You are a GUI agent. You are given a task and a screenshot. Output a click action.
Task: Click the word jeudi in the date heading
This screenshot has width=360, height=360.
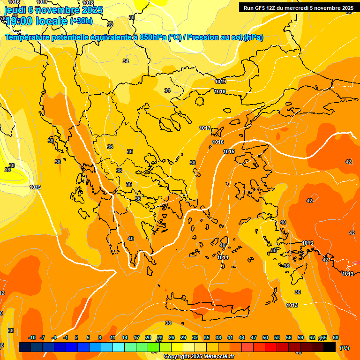(x=15, y=9)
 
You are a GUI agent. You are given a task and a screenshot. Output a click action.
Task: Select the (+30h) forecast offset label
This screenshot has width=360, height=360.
(x=81, y=21)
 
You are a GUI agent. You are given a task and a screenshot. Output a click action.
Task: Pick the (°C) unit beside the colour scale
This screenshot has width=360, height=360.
(x=344, y=348)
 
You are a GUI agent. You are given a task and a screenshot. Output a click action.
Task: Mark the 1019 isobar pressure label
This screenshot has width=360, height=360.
(x=220, y=82)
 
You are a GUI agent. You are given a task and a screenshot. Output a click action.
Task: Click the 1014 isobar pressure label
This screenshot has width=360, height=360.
(x=223, y=257)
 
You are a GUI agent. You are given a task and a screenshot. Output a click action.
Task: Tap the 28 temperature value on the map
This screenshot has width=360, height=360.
(x=7, y=170)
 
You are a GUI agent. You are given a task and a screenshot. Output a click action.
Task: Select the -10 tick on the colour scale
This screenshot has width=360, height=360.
(x=32, y=337)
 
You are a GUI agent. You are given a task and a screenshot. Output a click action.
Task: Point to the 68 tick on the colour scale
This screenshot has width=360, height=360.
(x=336, y=337)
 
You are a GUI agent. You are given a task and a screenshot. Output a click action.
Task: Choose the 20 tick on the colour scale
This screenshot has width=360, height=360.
(x=148, y=337)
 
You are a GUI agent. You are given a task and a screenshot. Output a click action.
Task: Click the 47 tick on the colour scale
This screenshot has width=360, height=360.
(x=254, y=337)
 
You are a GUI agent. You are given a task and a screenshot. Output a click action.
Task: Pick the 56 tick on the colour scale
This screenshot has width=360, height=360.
(x=289, y=337)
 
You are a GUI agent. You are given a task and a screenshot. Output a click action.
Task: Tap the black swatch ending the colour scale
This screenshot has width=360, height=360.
(x=330, y=347)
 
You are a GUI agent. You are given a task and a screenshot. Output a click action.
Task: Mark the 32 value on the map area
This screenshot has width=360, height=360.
(x=110, y=24)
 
